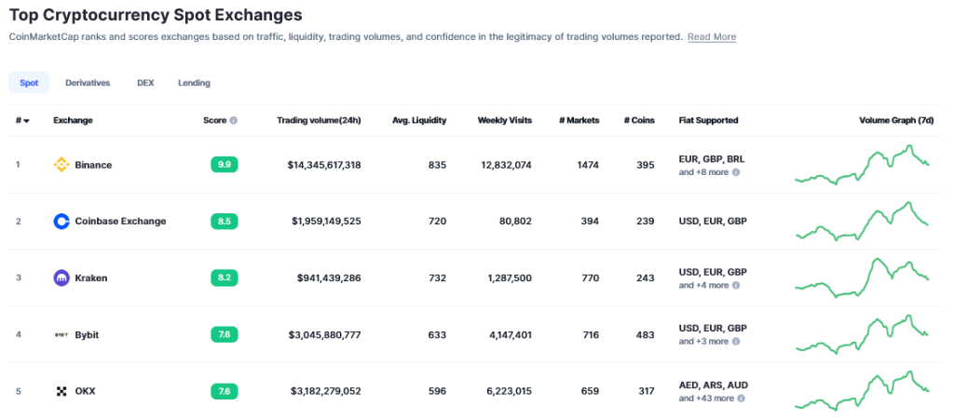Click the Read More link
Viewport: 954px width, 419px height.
click(712, 37)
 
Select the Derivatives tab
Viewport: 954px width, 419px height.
click(88, 83)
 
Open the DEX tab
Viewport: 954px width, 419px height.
click(145, 83)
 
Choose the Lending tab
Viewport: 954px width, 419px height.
click(194, 83)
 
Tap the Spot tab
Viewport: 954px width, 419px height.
click(29, 83)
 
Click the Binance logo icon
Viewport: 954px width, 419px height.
click(61, 165)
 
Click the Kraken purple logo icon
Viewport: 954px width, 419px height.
click(61, 277)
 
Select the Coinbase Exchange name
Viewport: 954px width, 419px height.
click(120, 222)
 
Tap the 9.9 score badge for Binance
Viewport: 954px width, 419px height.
click(224, 165)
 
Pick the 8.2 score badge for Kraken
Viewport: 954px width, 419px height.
click(224, 277)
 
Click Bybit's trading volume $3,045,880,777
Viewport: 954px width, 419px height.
click(325, 334)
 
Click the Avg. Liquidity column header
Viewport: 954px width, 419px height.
click(419, 120)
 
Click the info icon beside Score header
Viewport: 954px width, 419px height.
click(233, 120)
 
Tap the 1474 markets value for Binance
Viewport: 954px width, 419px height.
click(587, 165)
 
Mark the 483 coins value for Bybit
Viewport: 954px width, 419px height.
click(644, 334)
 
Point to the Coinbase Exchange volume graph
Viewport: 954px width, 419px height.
click(862, 222)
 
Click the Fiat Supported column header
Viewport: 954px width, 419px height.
click(708, 120)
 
